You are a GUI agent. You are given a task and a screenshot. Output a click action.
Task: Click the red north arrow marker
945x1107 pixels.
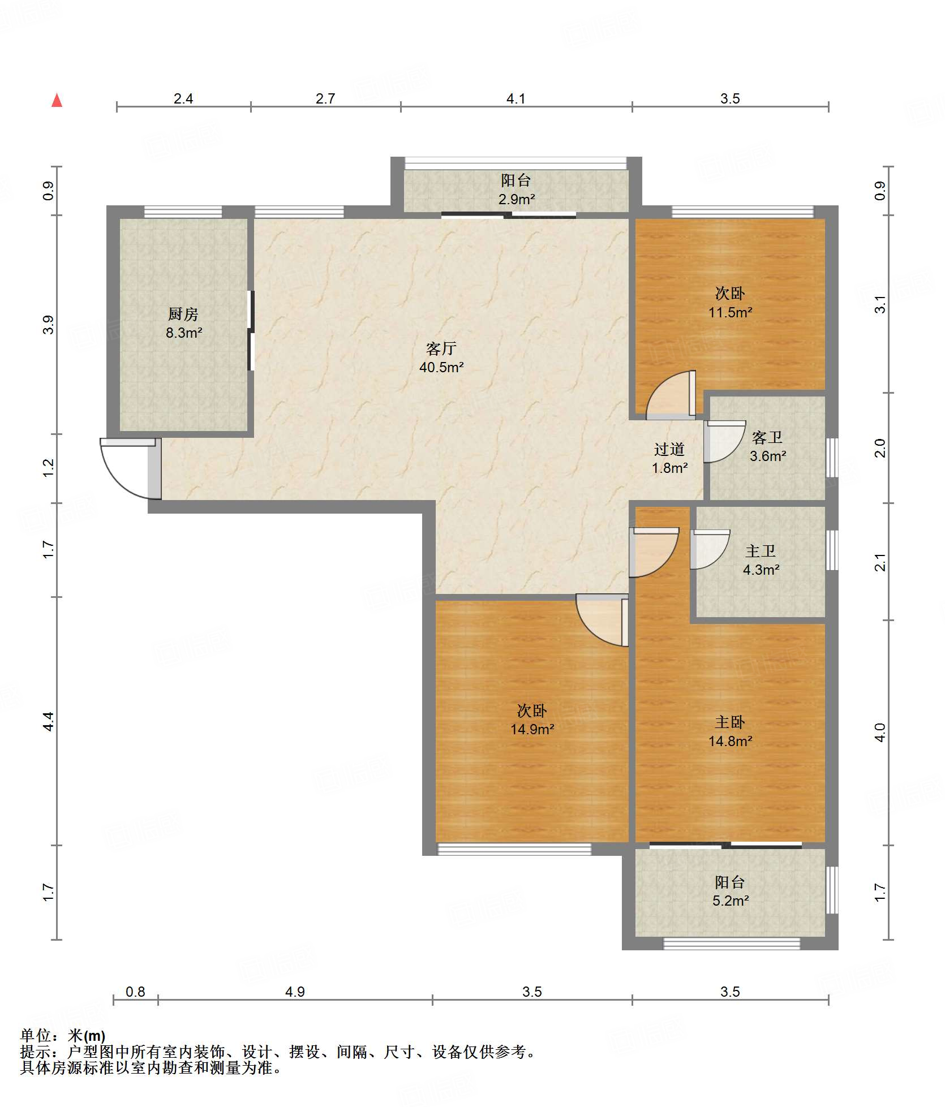[57, 100]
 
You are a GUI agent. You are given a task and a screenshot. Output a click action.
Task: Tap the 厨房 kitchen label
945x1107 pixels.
[183, 314]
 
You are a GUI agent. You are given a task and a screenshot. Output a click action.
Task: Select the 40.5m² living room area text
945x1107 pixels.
[441, 367]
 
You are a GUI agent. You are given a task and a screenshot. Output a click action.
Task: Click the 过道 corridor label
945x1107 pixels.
[669, 449]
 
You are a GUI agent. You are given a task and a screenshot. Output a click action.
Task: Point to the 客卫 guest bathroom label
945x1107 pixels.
[767, 437]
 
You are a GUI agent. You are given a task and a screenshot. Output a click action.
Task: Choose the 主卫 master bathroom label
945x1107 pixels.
[761, 551]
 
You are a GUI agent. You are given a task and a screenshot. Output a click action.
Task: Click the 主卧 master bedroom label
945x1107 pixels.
[730, 722]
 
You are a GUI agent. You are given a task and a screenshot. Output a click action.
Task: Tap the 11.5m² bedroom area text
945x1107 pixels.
[730, 312]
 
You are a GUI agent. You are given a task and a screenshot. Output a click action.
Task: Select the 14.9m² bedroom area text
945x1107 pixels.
[532, 730]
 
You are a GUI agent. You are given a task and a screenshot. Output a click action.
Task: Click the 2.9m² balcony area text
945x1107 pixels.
[516, 199]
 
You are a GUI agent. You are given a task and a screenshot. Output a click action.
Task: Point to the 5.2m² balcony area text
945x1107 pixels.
[731, 901]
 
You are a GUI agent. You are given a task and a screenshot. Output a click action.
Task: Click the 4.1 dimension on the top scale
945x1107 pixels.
[516, 99]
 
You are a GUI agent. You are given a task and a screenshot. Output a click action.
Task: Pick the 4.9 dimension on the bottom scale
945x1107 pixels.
[295, 992]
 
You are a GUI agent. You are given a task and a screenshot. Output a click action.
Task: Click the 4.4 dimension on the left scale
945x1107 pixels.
[48, 721]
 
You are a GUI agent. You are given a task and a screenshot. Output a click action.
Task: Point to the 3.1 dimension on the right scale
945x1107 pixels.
[880, 304]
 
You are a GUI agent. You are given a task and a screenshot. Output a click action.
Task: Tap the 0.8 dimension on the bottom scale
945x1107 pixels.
[135, 992]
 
